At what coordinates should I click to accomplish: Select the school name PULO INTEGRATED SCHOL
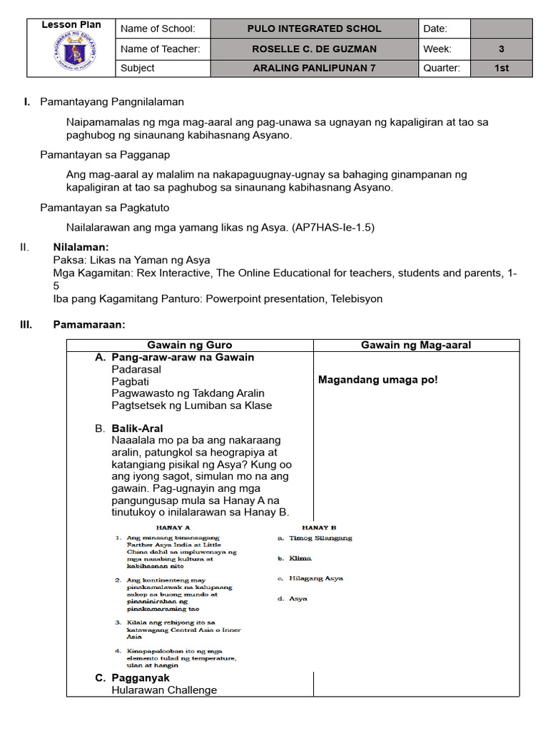(x=314, y=29)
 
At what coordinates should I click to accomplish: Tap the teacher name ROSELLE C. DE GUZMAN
(x=314, y=49)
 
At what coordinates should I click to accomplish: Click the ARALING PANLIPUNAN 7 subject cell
(x=314, y=69)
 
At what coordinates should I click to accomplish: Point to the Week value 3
(x=502, y=49)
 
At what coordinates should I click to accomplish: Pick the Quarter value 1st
(x=502, y=69)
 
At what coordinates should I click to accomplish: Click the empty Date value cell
(x=502, y=29)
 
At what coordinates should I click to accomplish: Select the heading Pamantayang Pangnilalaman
(x=112, y=102)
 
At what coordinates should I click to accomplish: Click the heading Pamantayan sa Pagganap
(x=105, y=154)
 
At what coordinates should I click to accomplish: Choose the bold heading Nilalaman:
(x=81, y=247)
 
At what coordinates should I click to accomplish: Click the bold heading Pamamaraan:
(x=89, y=325)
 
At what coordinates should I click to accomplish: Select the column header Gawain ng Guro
(x=190, y=345)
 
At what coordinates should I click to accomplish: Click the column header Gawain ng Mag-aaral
(x=416, y=345)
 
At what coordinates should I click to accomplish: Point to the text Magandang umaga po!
(x=378, y=380)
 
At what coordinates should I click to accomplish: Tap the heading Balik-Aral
(x=137, y=428)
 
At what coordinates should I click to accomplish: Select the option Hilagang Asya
(x=315, y=578)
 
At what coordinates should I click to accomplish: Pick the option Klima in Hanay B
(x=300, y=558)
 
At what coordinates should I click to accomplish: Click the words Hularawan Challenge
(x=164, y=690)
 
